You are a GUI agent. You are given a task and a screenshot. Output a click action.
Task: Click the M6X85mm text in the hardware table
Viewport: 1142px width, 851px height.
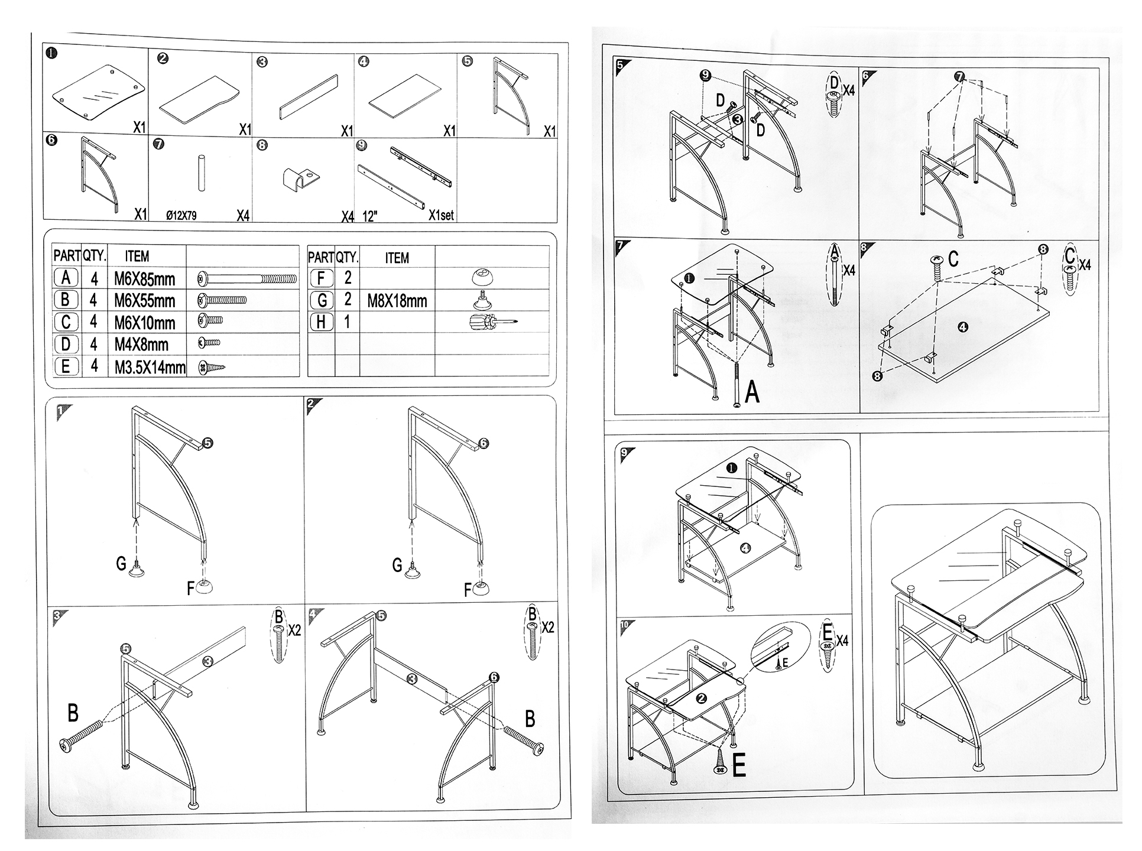pyautogui.click(x=145, y=278)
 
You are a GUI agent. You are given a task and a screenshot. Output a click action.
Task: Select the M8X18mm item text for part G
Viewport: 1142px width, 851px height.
pyautogui.click(x=397, y=301)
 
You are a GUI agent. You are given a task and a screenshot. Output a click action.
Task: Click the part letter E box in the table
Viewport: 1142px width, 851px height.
pyautogui.click(x=66, y=366)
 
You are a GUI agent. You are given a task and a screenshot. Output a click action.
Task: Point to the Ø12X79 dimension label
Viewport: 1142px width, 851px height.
pyautogui.click(x=181, y=216)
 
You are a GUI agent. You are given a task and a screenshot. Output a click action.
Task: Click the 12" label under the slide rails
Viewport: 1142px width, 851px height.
pyautogui.click(x=369, y=216)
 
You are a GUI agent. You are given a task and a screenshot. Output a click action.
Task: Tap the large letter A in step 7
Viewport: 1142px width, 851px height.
pyautogui.click(x=752, y=392)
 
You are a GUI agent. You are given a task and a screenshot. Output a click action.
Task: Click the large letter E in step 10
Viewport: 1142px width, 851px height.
pyautogui.click(x=738, y=766)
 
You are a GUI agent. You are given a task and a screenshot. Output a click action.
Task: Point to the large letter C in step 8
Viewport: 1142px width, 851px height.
pyautogui.click(x=953, y=259)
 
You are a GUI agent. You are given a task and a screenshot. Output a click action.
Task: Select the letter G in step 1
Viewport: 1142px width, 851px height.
pyautogui.click(x=121, y=564)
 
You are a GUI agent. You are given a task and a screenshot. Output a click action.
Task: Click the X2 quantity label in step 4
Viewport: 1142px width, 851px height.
pyautogui.click(x=547, y=627)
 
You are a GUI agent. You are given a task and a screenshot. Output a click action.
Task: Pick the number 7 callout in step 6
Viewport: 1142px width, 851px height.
pyautogui.click(x=959, y=77)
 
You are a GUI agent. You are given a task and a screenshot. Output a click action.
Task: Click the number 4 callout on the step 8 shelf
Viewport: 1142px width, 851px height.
pyautogui.click(x=962, y=327)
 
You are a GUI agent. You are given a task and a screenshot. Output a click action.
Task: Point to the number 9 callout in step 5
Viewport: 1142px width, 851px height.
pyautogui.click(x=705, y=76)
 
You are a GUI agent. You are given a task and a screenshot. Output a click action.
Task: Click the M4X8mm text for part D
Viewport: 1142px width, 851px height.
pyautogui.click(x=141, y=345)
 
